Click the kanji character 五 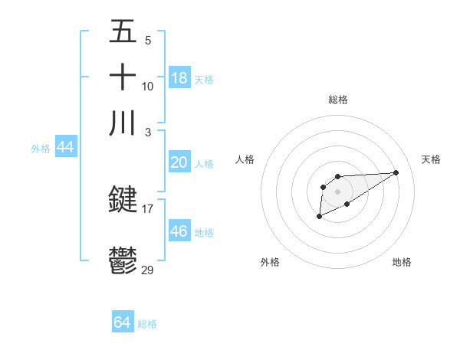123,32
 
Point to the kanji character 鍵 123,200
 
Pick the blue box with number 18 179,78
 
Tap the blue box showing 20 179,162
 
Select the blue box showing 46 179,231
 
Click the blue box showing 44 65,147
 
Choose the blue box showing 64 122,322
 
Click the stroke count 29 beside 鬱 148,269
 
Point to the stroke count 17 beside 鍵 148,208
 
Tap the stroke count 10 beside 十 148,86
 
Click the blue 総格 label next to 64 147,324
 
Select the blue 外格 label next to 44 41,149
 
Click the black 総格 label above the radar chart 337,100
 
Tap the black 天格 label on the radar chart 431,159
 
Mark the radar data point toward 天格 396,172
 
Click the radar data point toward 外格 319,217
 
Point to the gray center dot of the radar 337,191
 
